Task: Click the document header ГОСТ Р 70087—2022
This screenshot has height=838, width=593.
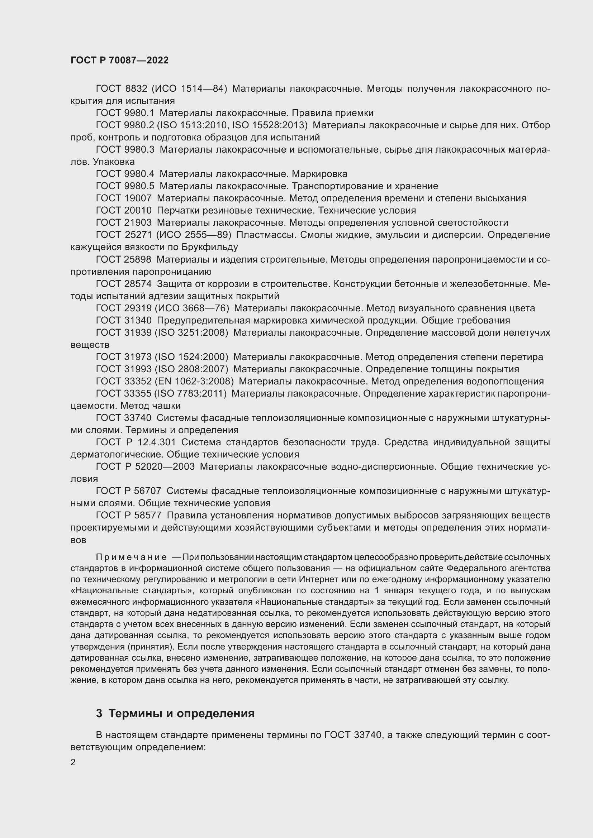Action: (x=119, y=61)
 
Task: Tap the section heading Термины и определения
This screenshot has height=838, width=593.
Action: (x=181, y=713)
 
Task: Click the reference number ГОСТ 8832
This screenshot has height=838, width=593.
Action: (x=121, y=89)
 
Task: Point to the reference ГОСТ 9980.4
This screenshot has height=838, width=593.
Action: (x=125, y=174)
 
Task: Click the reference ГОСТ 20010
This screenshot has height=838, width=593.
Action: (x=123, y=211)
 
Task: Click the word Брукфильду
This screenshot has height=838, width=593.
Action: (x=209, y=247)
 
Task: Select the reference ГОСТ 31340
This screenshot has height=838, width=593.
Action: (x=123, y=320)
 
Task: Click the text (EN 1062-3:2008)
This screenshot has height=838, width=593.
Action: (x=194, y=382)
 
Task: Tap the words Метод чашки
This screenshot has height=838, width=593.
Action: (x=151, y=406)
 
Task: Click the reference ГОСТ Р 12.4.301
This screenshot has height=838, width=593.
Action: (x=136, y=442)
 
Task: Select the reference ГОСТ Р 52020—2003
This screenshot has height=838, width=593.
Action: (x=145, y=467)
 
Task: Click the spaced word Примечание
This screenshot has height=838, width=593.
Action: (x=131, y=557)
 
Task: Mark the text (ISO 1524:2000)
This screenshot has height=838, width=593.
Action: (x=191, y=357)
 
